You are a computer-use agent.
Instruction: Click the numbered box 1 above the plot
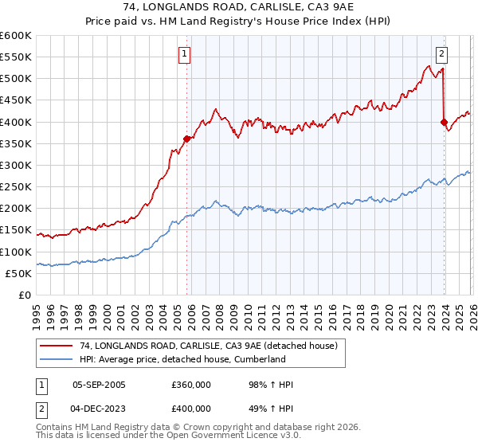(185, 54)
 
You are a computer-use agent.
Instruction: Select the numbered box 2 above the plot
(441, 54)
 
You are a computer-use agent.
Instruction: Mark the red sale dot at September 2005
(186, 139)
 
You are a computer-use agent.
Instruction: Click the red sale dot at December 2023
(444, 122)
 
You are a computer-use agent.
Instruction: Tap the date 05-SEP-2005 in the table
(99, 385)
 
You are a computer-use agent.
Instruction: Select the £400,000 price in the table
(190, 407)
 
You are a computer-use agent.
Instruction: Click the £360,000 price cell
(190, 385)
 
